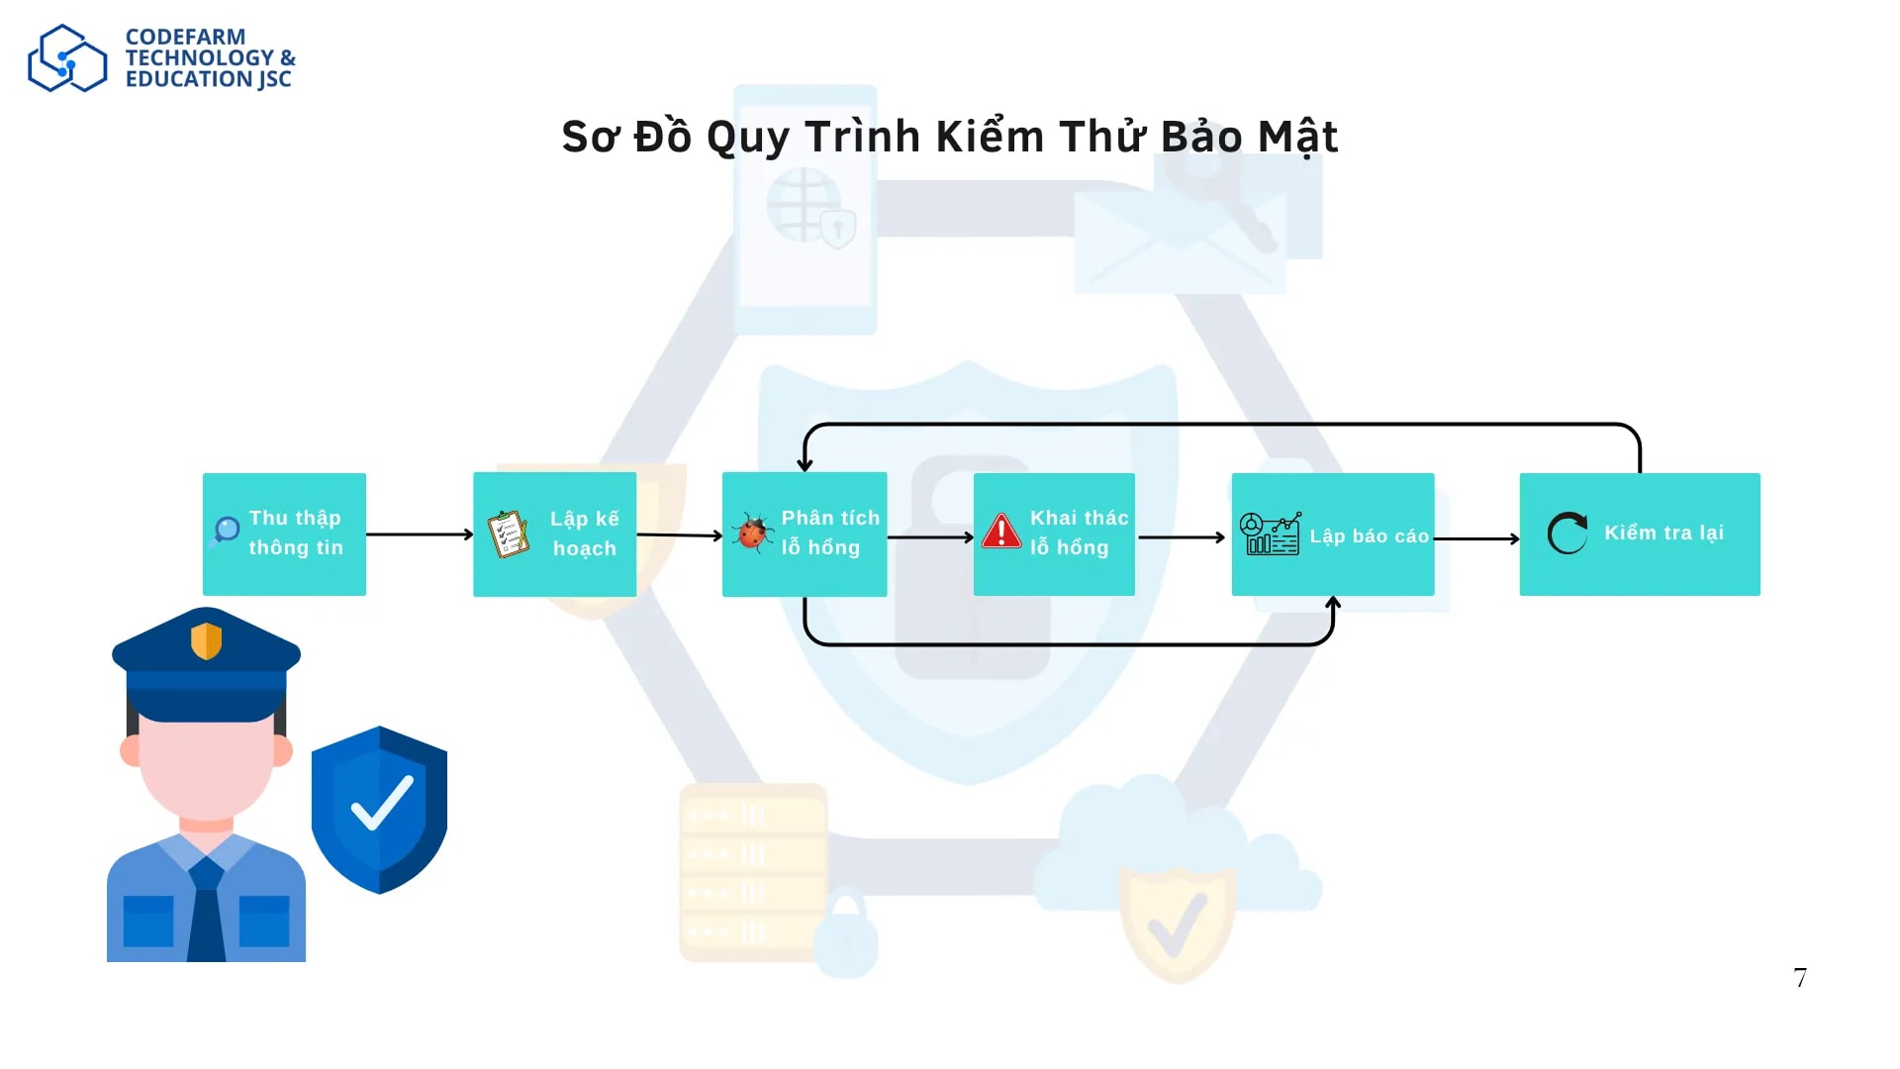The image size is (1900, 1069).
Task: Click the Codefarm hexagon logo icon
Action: [x=67, y=58]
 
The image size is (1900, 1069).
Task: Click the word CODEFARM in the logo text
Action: [x=185, y=37]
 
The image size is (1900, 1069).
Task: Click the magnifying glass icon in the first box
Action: [x=227, y=531]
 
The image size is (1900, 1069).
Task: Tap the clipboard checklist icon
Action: [x=509, y=534]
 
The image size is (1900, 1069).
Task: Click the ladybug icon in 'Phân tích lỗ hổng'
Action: [x=753, y=533]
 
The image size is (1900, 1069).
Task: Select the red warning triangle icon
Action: [x=1001, y=532]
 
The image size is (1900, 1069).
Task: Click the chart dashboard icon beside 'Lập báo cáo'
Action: [x=1270, y=534]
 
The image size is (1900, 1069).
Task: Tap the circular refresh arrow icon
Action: [x=1567, y=534]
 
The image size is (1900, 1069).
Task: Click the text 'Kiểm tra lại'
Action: [x=1663, y=533]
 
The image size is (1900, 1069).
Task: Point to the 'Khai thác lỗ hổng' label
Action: [x=1079, y=533]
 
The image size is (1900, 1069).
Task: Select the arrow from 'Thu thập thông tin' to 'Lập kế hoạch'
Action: [x=420, y=534]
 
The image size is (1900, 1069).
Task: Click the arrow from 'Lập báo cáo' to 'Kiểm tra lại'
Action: [x=1476, y=539]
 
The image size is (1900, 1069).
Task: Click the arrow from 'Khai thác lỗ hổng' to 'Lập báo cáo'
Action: [x=1182, y=537]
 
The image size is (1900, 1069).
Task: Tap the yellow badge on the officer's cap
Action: [x=206, y=640]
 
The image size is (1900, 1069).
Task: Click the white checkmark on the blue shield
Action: [x=382, y=803]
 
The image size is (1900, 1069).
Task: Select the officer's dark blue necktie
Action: [x=206, y=911]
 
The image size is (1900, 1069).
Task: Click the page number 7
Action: [x=1800, y=978]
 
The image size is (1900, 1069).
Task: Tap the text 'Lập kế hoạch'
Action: [x=584, y=534]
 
